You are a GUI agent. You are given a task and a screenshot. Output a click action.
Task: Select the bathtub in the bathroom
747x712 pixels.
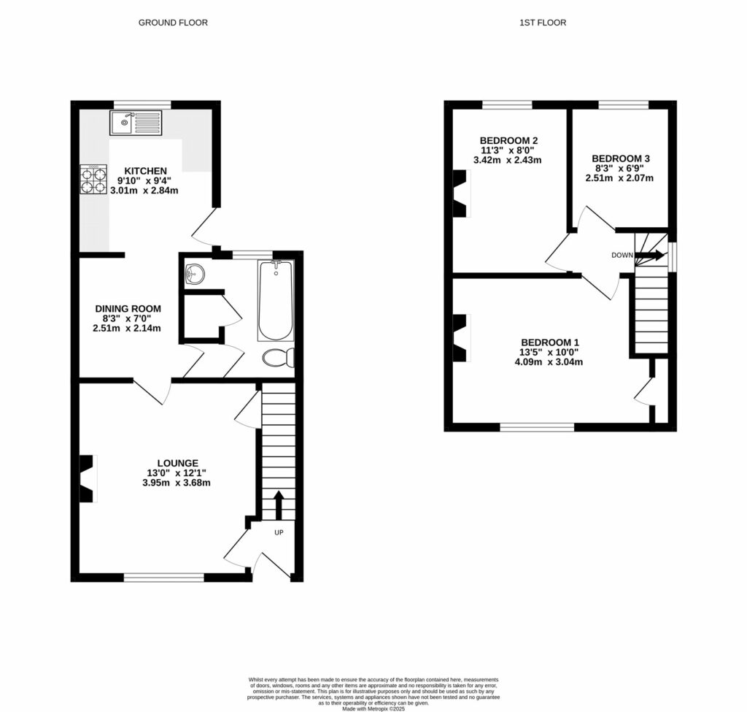[x=275, y=301]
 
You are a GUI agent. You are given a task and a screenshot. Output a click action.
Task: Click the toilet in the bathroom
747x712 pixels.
[x=279, y=358]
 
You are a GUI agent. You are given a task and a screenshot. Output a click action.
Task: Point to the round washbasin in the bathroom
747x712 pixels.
[x=195, y=275]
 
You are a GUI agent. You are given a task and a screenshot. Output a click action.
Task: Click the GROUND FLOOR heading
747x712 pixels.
[x=173, y=23]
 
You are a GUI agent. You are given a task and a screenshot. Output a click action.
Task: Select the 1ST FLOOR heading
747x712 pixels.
[x=542, y=23]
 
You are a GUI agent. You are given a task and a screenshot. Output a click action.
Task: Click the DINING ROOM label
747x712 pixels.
[x=128, y=309]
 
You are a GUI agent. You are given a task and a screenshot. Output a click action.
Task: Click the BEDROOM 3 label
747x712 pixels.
[x=620, y=158]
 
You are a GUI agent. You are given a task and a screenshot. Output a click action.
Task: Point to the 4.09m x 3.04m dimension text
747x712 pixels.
[x=551, y=361]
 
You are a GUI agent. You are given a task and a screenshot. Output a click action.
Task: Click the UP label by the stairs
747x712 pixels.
[x=279, y=532]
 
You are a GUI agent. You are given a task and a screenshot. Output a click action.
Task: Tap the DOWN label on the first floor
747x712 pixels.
[x=622, y=256]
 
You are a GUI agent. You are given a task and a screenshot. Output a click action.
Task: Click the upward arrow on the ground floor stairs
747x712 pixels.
[x=279, y=505]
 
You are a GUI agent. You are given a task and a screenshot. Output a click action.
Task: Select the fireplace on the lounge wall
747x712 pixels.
[x=88, y=478]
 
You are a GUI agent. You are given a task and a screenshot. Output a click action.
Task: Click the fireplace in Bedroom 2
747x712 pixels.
[x=461, y=194]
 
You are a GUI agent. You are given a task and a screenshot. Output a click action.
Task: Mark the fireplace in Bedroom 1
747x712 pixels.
[x=461, y=338]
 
